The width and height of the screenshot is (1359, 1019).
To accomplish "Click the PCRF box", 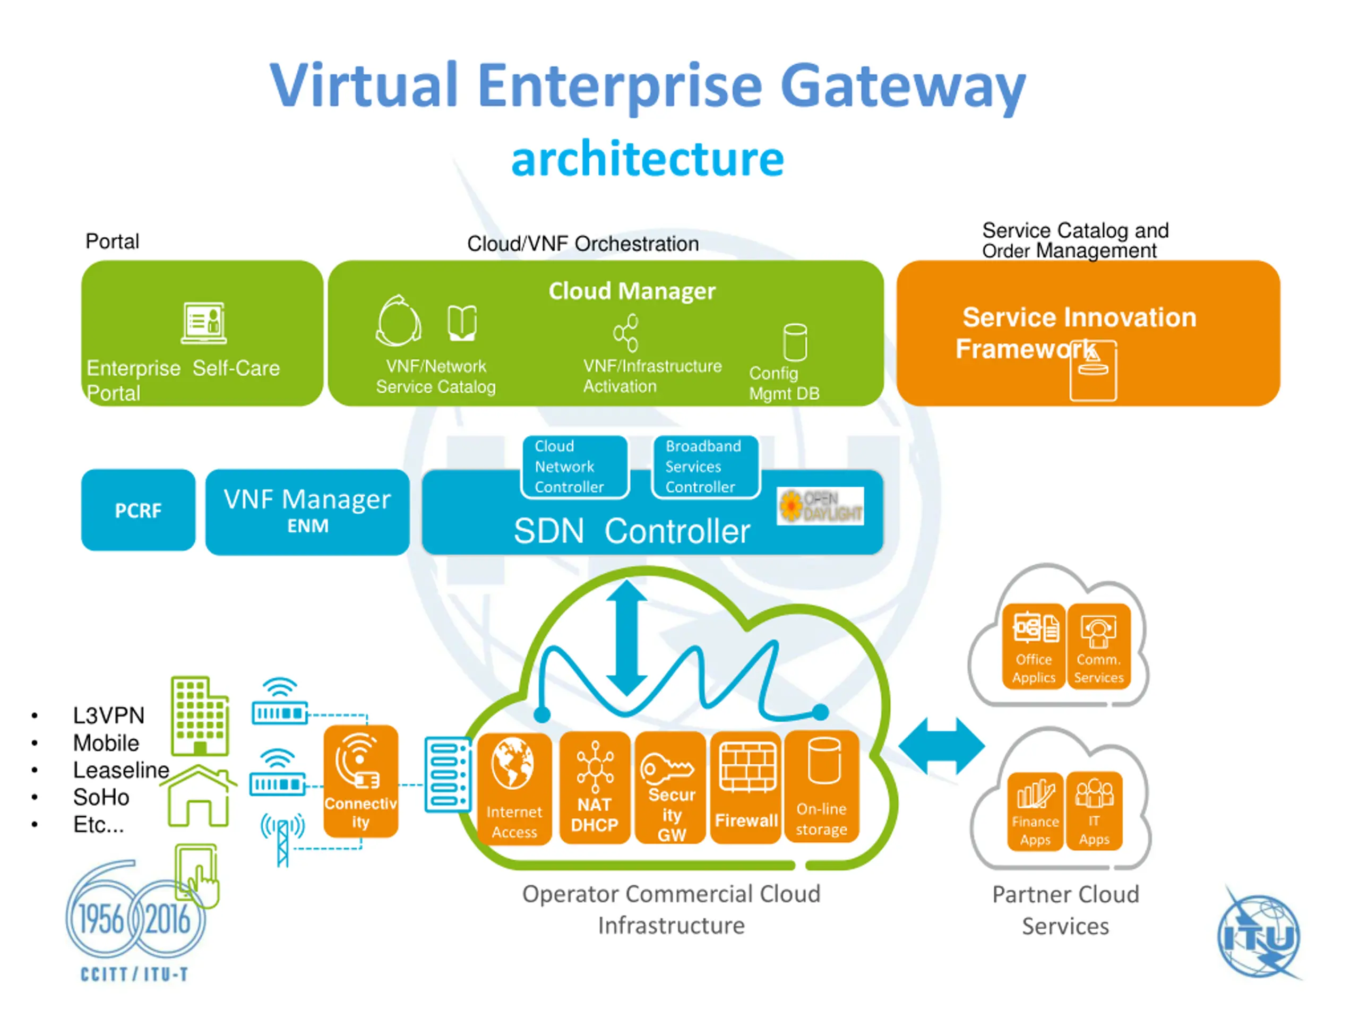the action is click(138, 510).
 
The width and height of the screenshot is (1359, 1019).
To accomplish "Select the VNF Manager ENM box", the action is click(307, 512).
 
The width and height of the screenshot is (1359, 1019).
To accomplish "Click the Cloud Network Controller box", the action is click(575, 466).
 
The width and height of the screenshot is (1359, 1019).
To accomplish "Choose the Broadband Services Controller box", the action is click(706, 466).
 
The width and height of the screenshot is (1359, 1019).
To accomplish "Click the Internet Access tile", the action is click(514, 789).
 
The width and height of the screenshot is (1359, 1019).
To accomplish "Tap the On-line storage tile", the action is click(821, 785).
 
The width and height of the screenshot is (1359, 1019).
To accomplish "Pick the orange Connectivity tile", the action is click(360, 781).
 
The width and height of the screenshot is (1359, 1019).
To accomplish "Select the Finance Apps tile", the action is click(1035, 811).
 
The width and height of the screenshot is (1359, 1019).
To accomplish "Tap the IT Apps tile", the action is click(1094, 811).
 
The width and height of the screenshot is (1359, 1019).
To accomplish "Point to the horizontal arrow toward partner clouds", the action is click(941, 746).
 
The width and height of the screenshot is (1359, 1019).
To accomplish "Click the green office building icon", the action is click(200, 715).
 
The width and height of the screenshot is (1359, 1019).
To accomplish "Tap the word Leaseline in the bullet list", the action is click(121, 770).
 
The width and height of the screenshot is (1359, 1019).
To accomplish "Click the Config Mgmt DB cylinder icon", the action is click(795, 342).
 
